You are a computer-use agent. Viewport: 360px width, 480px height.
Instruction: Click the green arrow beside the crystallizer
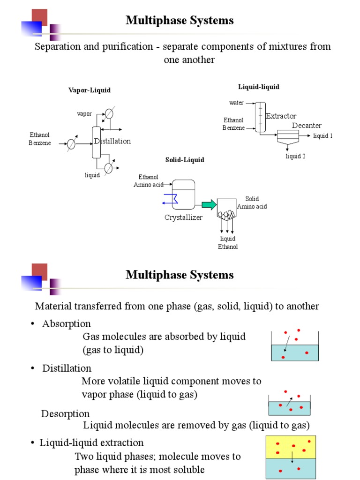coord(209,204)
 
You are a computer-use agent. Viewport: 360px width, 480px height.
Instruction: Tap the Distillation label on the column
coord(112,141)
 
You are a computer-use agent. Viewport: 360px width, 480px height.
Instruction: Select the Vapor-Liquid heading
coord(90,90)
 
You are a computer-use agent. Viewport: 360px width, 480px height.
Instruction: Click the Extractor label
coord(281,116)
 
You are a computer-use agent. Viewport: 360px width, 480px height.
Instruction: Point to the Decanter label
coord(307,126)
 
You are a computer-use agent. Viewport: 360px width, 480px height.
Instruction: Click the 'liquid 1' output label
coord(322,136)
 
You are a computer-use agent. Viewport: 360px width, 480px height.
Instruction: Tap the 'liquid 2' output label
coord(295,156)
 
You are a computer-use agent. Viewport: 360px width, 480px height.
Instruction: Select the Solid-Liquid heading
coord(185,160)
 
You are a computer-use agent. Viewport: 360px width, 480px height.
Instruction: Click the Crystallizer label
coord(183,217)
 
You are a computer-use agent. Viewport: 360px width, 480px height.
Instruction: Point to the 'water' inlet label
coord(236,103)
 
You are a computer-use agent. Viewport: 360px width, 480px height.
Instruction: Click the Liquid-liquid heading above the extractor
coord(259,87)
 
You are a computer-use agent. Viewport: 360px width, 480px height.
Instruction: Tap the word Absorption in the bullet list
coord(67,324)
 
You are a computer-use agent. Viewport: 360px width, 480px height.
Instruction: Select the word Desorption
coord(65,414)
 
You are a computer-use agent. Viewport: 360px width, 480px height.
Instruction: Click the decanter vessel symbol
coord(287,136)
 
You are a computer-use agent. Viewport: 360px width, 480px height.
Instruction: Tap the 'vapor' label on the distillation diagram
coord(84,114)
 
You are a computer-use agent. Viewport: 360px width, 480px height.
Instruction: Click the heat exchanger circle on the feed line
coord(71,144)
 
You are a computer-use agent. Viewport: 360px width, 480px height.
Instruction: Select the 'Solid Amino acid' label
coord(252,202)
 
